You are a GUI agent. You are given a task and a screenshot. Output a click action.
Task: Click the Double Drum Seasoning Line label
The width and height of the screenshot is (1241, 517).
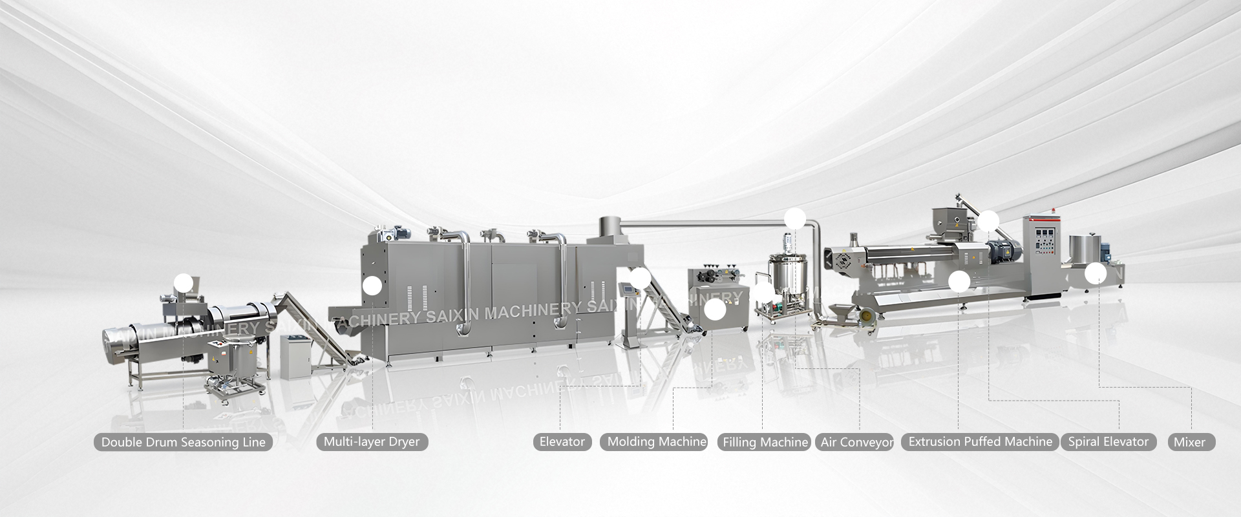184,443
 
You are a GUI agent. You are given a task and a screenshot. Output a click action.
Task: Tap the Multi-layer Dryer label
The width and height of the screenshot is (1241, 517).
372,443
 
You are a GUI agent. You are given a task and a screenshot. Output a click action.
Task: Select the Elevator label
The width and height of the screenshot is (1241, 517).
562,442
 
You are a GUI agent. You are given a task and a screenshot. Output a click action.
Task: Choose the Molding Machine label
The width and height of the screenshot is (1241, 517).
654,442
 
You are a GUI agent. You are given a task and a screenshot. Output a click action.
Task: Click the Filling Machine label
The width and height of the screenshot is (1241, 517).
765,442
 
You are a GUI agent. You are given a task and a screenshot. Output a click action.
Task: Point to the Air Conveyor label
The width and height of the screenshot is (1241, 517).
856,442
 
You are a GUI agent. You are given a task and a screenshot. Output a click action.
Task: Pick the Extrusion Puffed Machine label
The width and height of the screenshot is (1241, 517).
980,442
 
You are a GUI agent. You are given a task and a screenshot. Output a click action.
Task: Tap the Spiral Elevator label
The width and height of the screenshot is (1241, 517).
1108,442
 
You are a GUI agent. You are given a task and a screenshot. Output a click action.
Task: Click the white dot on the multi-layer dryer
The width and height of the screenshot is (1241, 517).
372,286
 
